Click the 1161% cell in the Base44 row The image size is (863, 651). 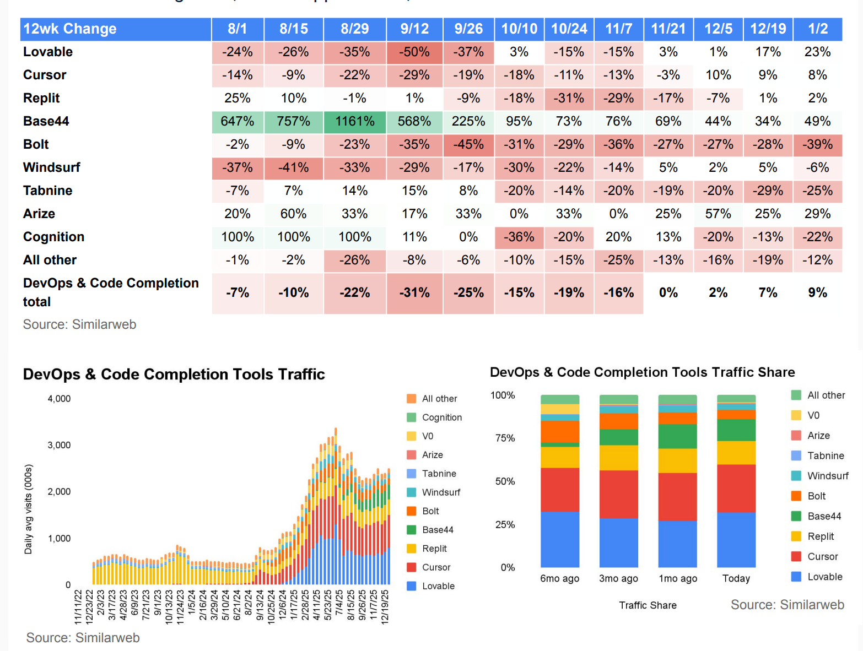pyautogui.click(x=354, y=121)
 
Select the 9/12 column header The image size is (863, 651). pyautogui.click(x=414, y=29)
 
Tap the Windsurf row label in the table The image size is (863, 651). pyautogui.click(x=52, y=167)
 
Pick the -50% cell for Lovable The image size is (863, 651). pyautogui.click(x=414, y=52)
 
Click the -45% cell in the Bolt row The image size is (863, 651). pyautogui.click(x=468, y=144)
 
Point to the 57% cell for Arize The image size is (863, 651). pyautogui.click(x=718, y=214)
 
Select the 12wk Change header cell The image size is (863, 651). pyautogui.click(x=70, y=29)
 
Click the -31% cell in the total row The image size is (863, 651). pyautogui.click(x=414, y=292)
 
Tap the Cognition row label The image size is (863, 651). pyautogui.click(x=53, y=237)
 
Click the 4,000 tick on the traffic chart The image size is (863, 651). pyautogui.click(x=59, y=399)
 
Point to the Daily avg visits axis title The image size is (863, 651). pyautogui.click(x=29, y=509)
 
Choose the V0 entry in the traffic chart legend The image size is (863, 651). pyautogui.click(x=428, y=436)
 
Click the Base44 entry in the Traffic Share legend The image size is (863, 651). pyautogui.click(x=824, y=516)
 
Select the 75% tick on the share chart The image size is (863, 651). pyautogui.click(x=505, y=438)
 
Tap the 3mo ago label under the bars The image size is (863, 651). pyautogui.click(x=618, y=578)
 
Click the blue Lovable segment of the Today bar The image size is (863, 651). pyautogui.click(x=736, y=540)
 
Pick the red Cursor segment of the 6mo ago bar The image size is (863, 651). pyautogui.click(x=560, y=490)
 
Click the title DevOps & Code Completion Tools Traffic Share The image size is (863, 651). pyautogui.click(x=642, y=372)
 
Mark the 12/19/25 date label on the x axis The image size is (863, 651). pyautogui.click(x=385, y=606)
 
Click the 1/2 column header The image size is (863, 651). pyautogui.click(x=818, y=29)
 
